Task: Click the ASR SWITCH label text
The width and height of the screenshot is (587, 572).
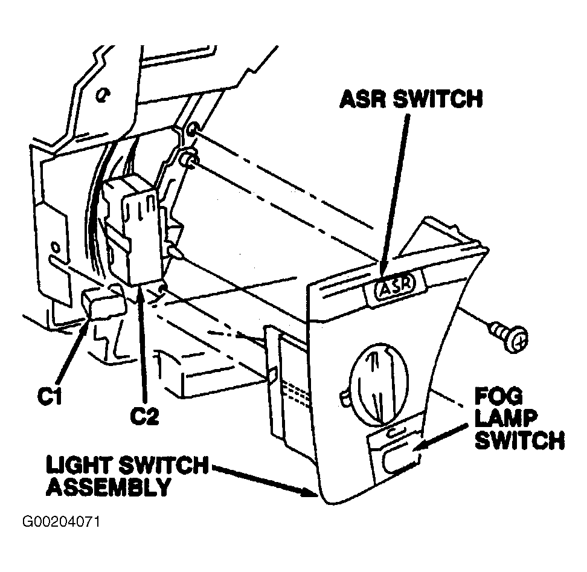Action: tap(411, 99)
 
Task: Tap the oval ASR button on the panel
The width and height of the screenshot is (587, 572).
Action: tap(396, 286)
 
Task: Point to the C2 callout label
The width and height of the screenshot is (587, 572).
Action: tap(144, 416)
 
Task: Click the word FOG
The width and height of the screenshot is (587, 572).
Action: tap(498, 396)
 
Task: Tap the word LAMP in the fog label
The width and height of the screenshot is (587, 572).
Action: tap(506, 419)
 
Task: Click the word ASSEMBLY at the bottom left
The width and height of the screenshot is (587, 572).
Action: tap(109, 487)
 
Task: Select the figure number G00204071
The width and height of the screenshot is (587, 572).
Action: tap(62, 522)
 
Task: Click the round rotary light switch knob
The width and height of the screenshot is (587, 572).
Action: tap(379, 384)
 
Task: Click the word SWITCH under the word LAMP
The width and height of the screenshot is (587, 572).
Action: tap(519, 440)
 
